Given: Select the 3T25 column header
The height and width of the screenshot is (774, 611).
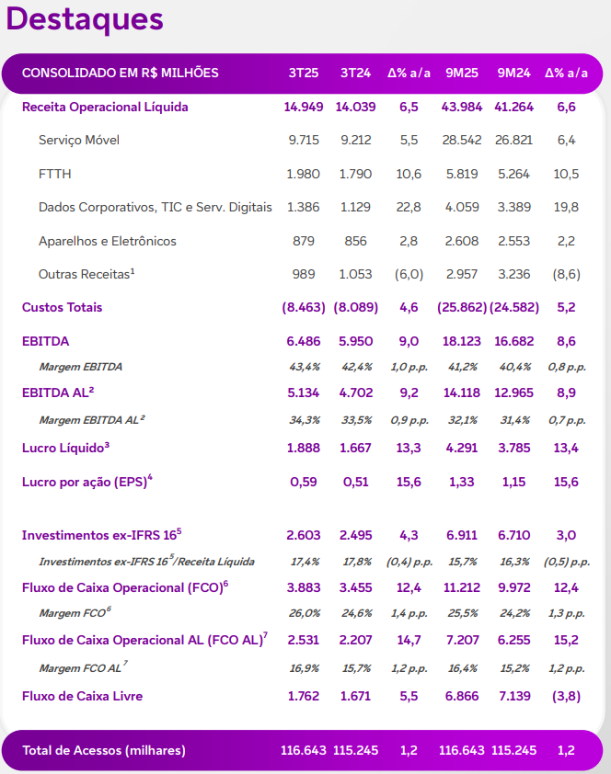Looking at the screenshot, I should tap(303, 73).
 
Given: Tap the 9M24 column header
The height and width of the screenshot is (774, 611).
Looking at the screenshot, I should tap(513, 73).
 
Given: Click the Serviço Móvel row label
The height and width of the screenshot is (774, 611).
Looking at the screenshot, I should tap(79, 141).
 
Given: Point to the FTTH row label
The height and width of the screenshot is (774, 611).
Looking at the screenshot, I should tap(55, 174).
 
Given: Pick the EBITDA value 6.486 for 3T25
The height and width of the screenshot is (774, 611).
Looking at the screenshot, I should tap(304, 341).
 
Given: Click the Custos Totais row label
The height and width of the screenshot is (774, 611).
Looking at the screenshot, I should tap(63, 307).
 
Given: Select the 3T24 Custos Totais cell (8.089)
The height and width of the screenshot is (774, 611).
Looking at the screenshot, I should tap(355, 307).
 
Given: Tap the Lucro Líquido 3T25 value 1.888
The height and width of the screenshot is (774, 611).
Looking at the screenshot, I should tap(304, 448).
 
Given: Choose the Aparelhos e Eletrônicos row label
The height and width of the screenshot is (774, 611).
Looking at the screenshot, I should tap(108, 241).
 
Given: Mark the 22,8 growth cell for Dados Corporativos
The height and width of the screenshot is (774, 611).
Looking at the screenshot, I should tap(409, 208).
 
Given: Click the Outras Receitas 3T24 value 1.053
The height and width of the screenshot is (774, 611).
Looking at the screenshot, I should tap(355, 274).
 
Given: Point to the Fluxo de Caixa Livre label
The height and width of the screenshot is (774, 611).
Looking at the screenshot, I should tap(83, 696).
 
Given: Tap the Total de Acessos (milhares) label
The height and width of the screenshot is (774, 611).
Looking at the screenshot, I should tap(104, 750).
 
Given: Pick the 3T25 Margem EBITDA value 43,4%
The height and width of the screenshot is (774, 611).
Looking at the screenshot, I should tap(304, 367).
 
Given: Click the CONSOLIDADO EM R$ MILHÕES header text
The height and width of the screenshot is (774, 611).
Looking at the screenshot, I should tap(121, 73).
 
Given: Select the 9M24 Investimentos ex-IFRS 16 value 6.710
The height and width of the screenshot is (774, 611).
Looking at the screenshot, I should tap(513, 535).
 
